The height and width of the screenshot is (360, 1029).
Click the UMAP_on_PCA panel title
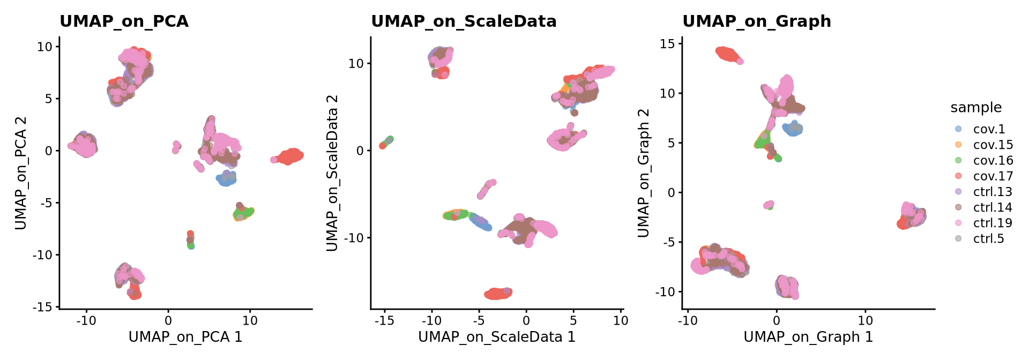click(x=124, y=21)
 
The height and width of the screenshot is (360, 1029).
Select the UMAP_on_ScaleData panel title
click(x=464, y=21)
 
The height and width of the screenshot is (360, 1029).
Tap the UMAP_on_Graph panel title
click(x=757, y=21)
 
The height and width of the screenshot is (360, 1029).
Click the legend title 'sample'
click(x=976, y=108)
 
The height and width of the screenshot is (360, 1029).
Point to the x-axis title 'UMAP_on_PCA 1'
click(x=185, y=337)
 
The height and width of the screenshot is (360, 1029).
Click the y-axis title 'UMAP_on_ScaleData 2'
click(x=332, y=173)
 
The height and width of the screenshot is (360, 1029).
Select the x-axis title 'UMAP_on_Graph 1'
click(x=808, y=337)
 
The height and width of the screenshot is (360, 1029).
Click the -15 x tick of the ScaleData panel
click(x=384, y=321)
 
